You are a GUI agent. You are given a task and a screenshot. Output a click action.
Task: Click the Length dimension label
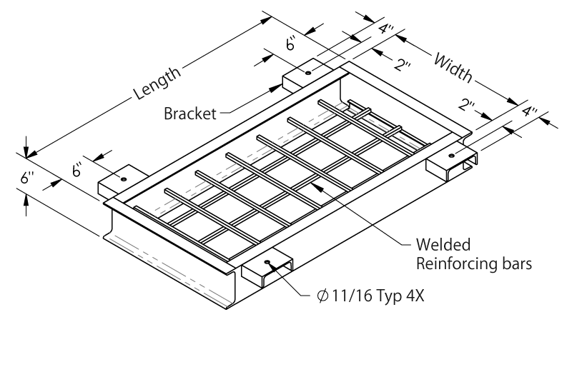click(x=155, y=83)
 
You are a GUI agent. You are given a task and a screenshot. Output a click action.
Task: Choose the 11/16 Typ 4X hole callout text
click(x=382, y=296)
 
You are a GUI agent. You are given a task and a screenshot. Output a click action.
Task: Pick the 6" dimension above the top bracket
click(x=291, y=45)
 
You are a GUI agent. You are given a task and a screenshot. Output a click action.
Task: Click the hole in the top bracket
click(x=307, y=73)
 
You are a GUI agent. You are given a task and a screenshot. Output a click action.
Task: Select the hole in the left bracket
click(x=124, y=179)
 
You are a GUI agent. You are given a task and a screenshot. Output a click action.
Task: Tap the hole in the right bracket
click(x=452, y=154)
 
